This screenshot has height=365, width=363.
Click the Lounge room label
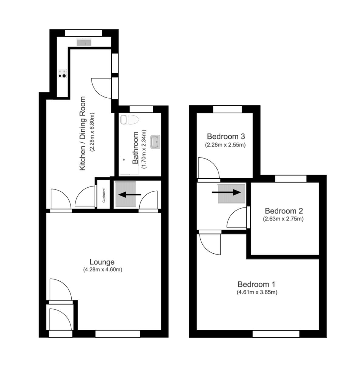[102, 262]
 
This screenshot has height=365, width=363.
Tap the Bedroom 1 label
[256, 284]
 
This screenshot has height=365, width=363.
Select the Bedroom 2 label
[284, 211]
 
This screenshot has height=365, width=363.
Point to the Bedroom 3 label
[226, 137]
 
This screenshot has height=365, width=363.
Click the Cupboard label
[104, 196]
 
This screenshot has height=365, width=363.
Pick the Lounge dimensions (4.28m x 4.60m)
[102, 270]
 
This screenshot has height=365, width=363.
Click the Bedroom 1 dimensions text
[257, 292]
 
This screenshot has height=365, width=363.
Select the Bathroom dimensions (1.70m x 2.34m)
[144, 149]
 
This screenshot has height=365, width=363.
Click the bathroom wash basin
[156, 142]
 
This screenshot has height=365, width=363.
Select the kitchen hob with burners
[63, 74]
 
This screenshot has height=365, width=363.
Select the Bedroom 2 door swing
[238, 218]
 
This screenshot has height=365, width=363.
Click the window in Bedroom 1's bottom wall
[276, 334]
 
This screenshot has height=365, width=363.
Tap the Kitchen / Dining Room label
[82, 134]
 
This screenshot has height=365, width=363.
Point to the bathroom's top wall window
[141, 109]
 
